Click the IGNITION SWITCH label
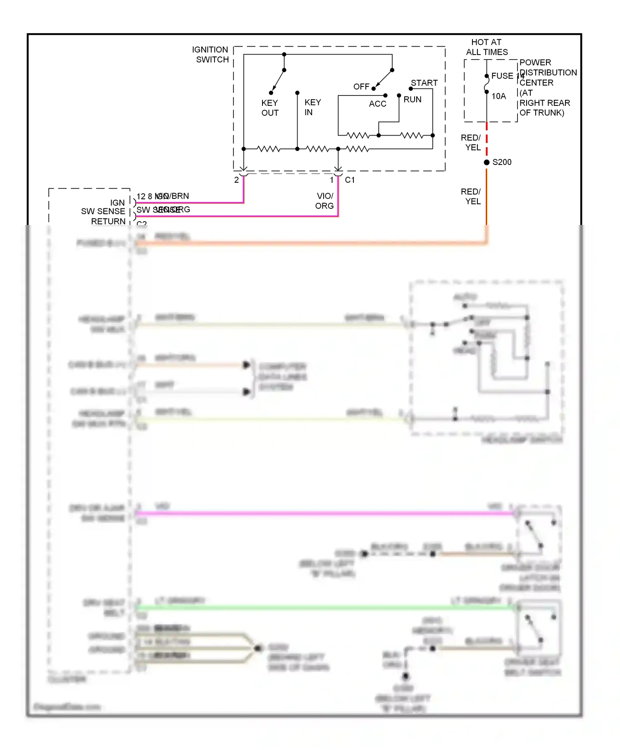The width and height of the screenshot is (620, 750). (x=210, y=55)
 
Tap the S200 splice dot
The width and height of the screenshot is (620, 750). (x=486, y=162)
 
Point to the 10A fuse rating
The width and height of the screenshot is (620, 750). (x=498, y=96)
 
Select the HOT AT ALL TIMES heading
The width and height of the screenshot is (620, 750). (x=486, y=47)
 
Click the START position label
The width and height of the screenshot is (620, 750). (x=424, y=83)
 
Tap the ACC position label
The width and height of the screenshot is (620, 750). (x=377, y=104)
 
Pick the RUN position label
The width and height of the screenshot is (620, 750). (x=413, y=100)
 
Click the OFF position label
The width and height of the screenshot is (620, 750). (x=361, y=87)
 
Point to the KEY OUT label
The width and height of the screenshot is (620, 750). (x=270, y=108)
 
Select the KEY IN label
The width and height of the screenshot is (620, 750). (x=312, y=107)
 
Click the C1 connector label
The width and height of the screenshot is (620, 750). (x=350, y=180)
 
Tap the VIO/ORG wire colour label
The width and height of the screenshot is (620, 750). (x=325, y=201)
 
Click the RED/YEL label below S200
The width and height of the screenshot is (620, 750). (x=471, y=196)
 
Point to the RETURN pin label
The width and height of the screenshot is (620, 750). (x=108, y=222)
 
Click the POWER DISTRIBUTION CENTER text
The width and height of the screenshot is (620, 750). (x=547, y=73)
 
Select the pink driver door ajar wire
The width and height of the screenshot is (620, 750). (x=322, y=514)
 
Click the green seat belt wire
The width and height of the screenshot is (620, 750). (x=322, y=607)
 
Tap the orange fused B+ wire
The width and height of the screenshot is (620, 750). (x=310, y=244)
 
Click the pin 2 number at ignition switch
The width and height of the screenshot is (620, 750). (x=236, y=180)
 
